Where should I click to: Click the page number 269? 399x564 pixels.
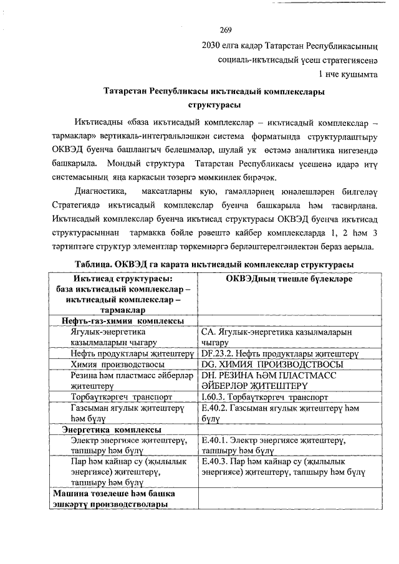226,31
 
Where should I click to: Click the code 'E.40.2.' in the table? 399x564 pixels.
214,408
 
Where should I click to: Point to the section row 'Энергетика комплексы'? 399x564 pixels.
111,429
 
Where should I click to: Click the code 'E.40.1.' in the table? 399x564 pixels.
214,441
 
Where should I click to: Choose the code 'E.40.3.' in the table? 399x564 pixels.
214,462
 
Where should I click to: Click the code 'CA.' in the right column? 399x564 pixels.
208,332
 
